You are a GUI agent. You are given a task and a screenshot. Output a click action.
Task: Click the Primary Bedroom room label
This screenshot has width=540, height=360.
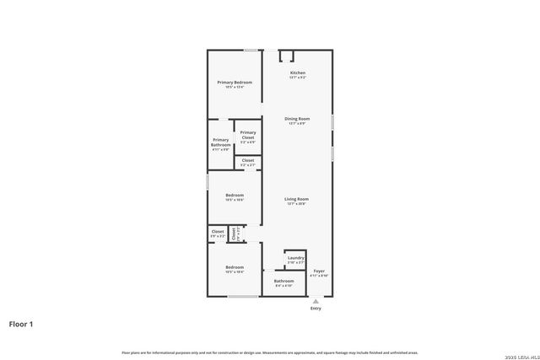(235, 82)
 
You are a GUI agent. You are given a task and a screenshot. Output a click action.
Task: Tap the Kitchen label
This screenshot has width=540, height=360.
(298, 73)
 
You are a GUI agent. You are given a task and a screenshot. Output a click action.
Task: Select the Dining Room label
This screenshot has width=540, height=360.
(297, 119)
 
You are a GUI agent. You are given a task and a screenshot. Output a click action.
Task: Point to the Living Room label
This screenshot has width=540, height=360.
(297, 199)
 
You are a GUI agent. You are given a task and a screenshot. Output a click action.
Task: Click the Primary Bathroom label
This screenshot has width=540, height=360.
(220, 142)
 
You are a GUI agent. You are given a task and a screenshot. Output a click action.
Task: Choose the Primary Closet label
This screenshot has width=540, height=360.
(247, 134)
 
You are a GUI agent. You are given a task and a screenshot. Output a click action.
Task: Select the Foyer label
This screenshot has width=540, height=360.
(319, 271)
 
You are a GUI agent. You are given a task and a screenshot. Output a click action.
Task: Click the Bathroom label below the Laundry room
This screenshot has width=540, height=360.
(283, 281)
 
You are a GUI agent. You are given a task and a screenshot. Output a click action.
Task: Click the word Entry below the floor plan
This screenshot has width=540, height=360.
(316, 309)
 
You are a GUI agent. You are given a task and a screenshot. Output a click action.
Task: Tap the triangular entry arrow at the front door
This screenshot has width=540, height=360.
(316, 300)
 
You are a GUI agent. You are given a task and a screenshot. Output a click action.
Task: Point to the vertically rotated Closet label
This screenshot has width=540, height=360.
(235, 234)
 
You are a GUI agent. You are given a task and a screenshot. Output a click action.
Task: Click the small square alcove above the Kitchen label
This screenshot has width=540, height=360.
(286, 56)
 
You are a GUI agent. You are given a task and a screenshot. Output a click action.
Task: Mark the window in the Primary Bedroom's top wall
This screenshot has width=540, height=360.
(251, 50)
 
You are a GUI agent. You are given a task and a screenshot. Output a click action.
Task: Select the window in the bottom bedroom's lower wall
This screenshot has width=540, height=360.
(242, 297)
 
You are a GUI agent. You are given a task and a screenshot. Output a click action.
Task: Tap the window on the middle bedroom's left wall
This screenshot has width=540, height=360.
(208, 181)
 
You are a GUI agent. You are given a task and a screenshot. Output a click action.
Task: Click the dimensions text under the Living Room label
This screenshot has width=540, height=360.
(297, 204)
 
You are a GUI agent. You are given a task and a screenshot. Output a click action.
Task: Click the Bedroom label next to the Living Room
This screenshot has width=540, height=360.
(234, 195)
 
